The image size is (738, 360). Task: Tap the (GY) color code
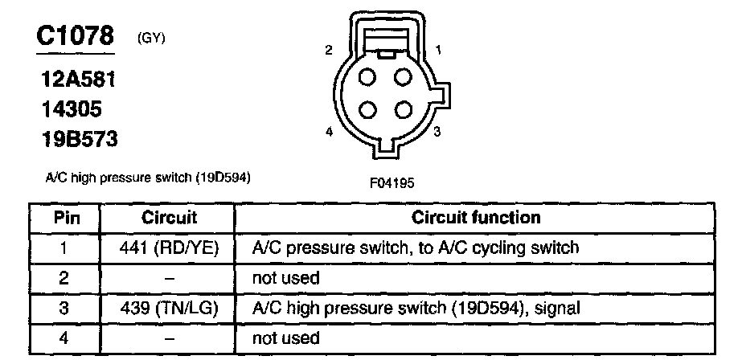151,37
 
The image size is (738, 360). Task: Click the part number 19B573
79,139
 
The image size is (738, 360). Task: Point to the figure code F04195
392,182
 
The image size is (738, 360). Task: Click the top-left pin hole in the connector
367,78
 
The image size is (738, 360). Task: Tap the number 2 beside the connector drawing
328,51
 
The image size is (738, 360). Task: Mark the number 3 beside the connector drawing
437,132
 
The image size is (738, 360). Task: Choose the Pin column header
64,218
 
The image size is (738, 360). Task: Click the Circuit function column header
476,218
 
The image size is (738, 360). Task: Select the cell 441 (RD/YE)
169,248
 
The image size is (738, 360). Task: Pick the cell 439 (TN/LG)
169,308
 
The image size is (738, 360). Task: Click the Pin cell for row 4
64,338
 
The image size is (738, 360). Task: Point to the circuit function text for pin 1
416,248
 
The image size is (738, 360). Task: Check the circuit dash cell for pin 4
169,338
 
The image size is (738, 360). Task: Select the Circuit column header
169,218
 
